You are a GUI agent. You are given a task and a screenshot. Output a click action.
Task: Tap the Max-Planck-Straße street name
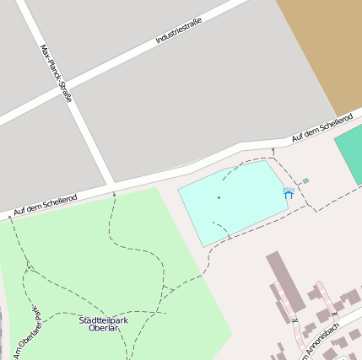click(56, 73)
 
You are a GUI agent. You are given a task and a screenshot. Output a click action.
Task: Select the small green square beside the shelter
click(305, 180)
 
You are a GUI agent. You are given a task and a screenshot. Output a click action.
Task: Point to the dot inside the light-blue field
click(219, 197)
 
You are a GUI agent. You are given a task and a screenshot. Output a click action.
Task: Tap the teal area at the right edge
click(350, 156)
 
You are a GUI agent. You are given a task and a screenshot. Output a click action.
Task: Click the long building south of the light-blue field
click(286, 282)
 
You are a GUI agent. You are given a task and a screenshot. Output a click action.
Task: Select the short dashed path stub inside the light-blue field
click(220, 228)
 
